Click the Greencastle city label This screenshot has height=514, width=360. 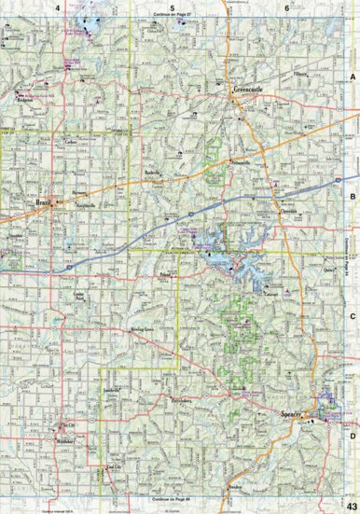click(x=249, y=90)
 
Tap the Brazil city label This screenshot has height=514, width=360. click(x=41, y=201)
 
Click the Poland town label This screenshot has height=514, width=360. click(x=166, y=277)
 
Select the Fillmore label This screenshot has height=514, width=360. click(x=299, y=73)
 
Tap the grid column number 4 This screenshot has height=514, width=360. click(x=58, y=7)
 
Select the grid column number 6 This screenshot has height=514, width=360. click(x=286, y=7)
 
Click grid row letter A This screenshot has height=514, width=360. click(x=353, y=79)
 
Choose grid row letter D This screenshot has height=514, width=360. click(x=353, y=435)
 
